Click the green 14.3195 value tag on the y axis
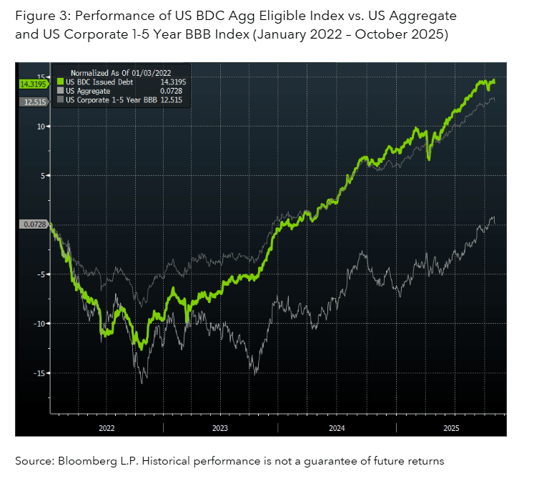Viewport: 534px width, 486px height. [31, 84]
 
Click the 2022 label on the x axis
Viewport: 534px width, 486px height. [107, 427]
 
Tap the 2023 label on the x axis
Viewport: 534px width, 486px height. [220, 427]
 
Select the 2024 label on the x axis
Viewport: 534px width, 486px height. [336, 427]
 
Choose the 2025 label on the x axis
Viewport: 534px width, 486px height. [452, 427]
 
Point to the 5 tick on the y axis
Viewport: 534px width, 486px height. [42, 176]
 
